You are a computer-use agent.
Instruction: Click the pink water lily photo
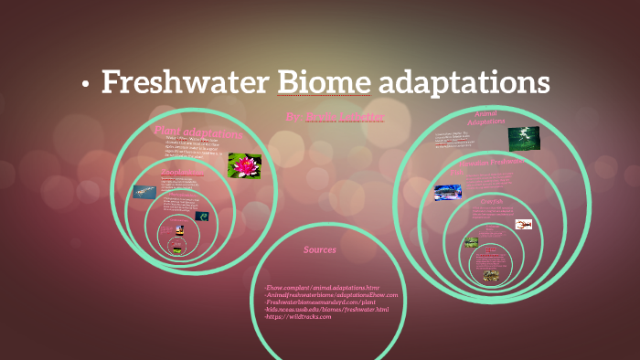click(244, 165)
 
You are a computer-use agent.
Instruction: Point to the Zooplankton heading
click(182, 172)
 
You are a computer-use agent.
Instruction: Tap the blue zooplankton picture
click(144, 192)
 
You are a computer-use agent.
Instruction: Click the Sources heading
click(319, 249)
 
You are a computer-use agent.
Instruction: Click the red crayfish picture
click(524, 224)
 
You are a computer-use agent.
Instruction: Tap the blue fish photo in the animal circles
click(448, 193)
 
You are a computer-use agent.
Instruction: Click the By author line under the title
click(335, 118)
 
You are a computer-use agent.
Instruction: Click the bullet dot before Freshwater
click(85, 85)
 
